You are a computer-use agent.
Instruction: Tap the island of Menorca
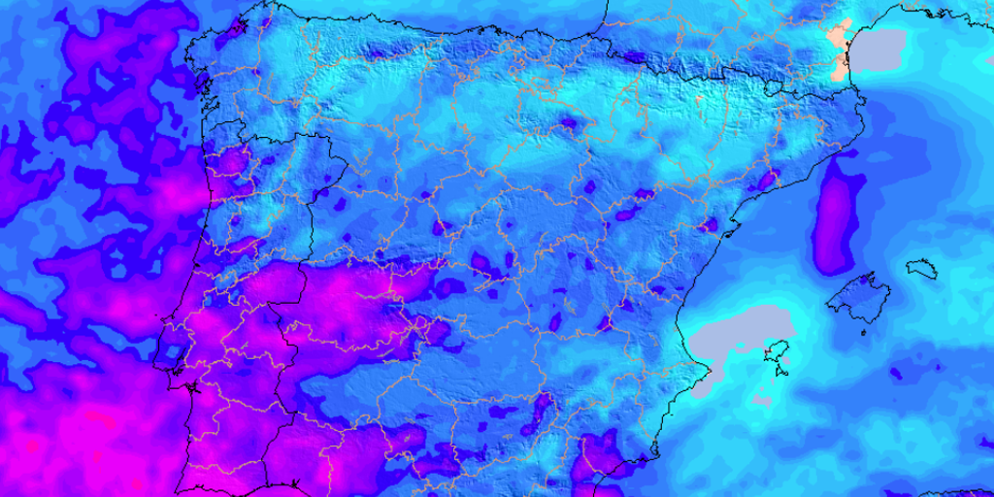[x=921, y=266]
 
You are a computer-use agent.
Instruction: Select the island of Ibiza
[x=776, y=352]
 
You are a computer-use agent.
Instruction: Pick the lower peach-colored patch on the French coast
[x=840, y=67]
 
